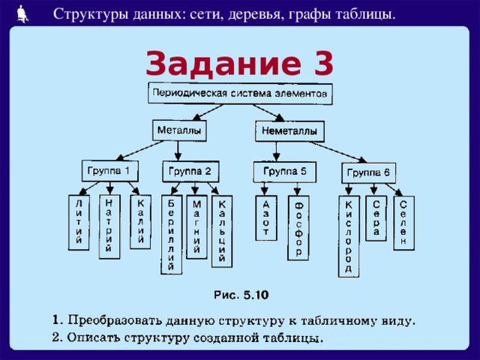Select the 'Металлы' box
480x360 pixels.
point(178,130)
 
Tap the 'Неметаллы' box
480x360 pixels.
point(289,131)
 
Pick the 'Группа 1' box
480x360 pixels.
point(109,170)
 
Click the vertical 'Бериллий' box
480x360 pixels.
point(171,235)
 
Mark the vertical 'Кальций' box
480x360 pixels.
point(222,231)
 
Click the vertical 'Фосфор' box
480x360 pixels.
point(298,228)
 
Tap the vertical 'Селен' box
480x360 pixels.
point(403,223)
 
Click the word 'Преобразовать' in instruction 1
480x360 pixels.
point(112,321)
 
